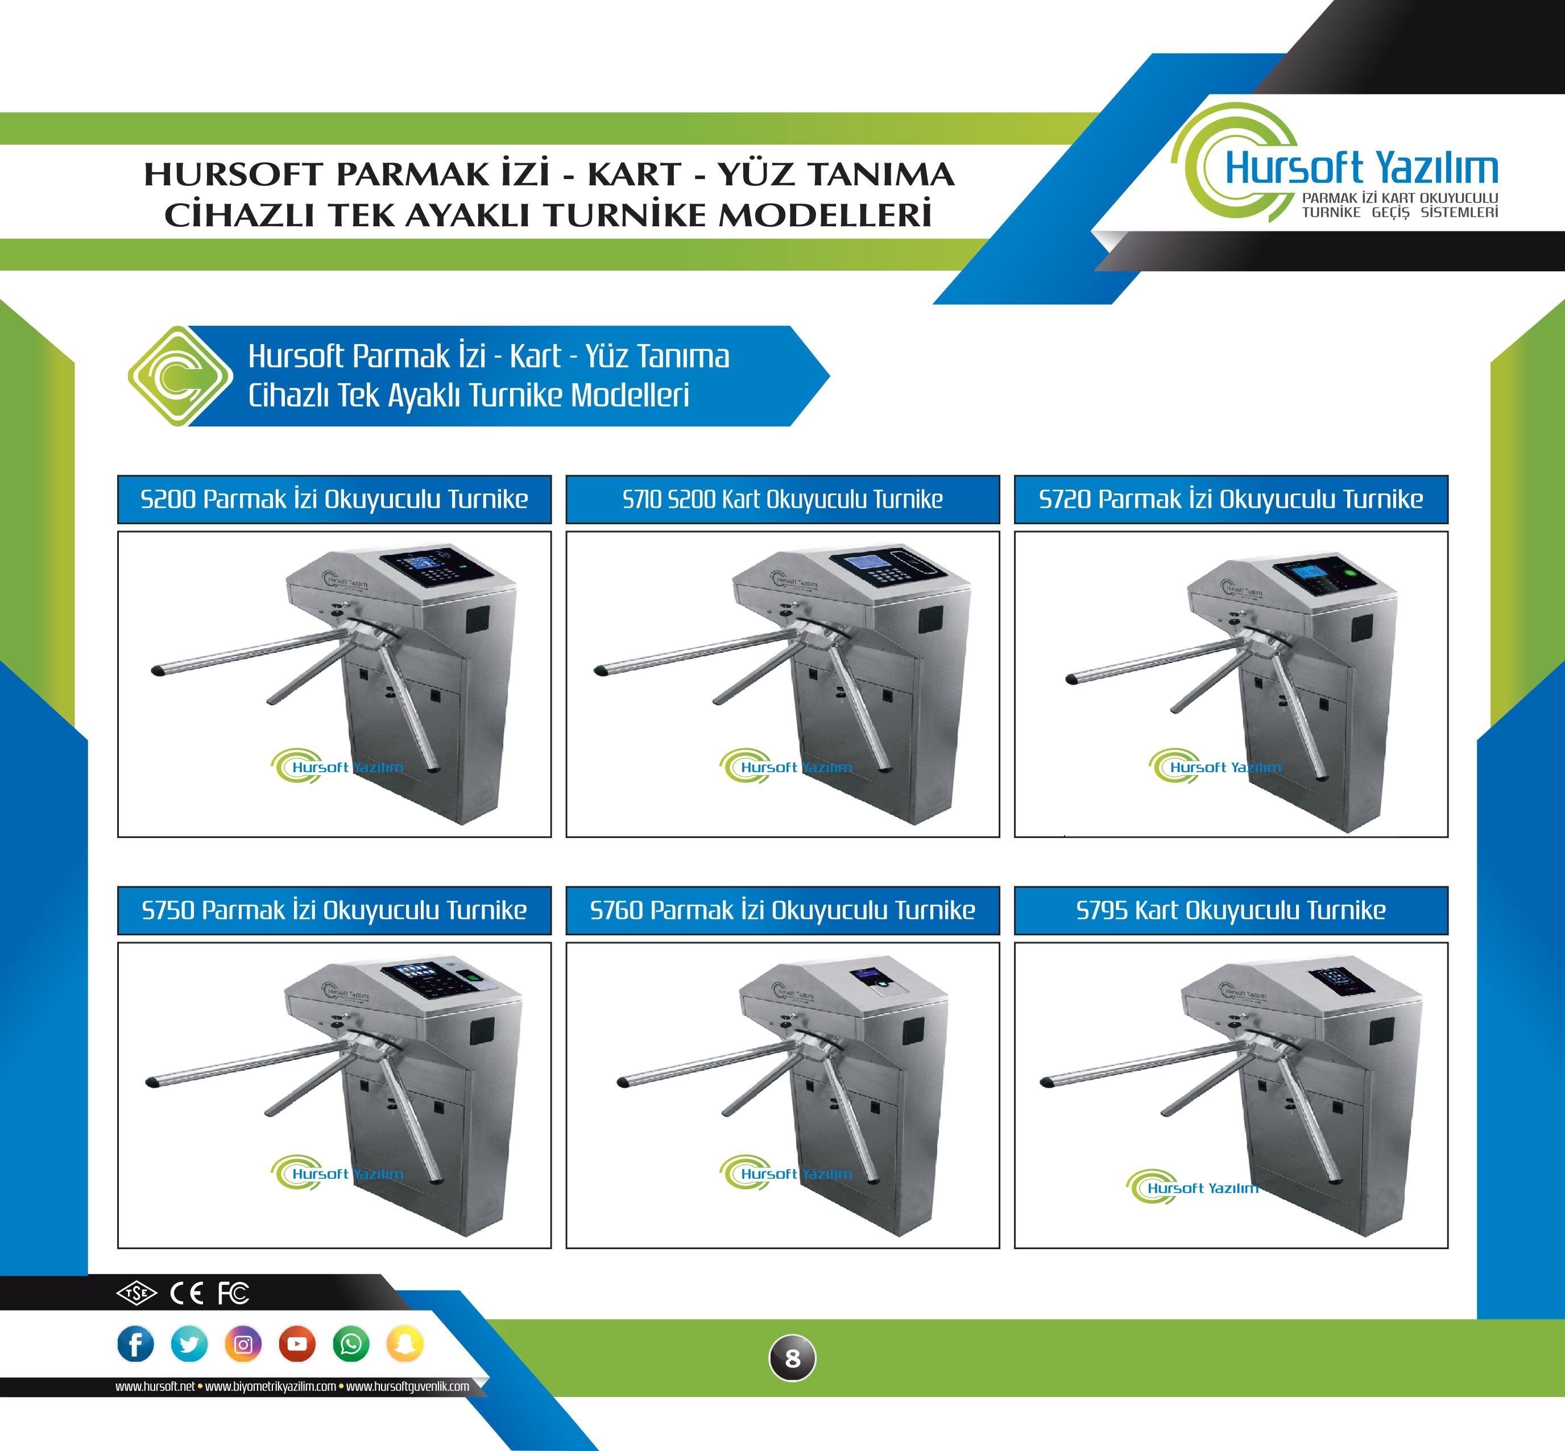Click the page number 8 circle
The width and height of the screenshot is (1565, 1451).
tap(792, 1358)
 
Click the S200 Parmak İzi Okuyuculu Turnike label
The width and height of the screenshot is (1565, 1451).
tap(334, 499)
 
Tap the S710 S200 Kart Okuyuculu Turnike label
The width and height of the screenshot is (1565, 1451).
tap(783, 499)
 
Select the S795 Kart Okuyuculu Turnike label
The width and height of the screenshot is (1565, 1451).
tap(1231, 910)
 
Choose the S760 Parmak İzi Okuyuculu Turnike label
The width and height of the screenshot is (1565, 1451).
tap(783, 910)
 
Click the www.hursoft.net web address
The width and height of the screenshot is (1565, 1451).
tap(155, 1387)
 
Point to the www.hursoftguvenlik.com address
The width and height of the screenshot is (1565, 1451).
tap(408, 1387)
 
